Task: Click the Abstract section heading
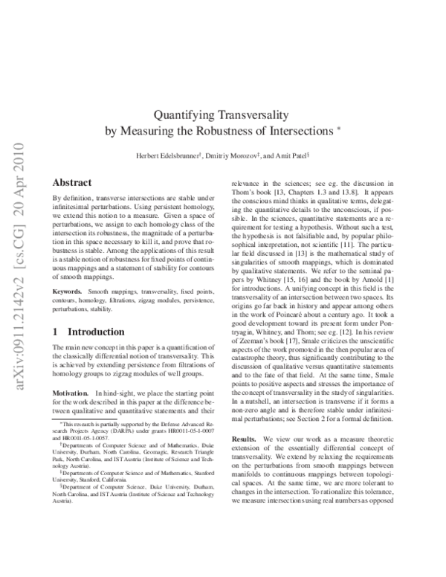[72, 183]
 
